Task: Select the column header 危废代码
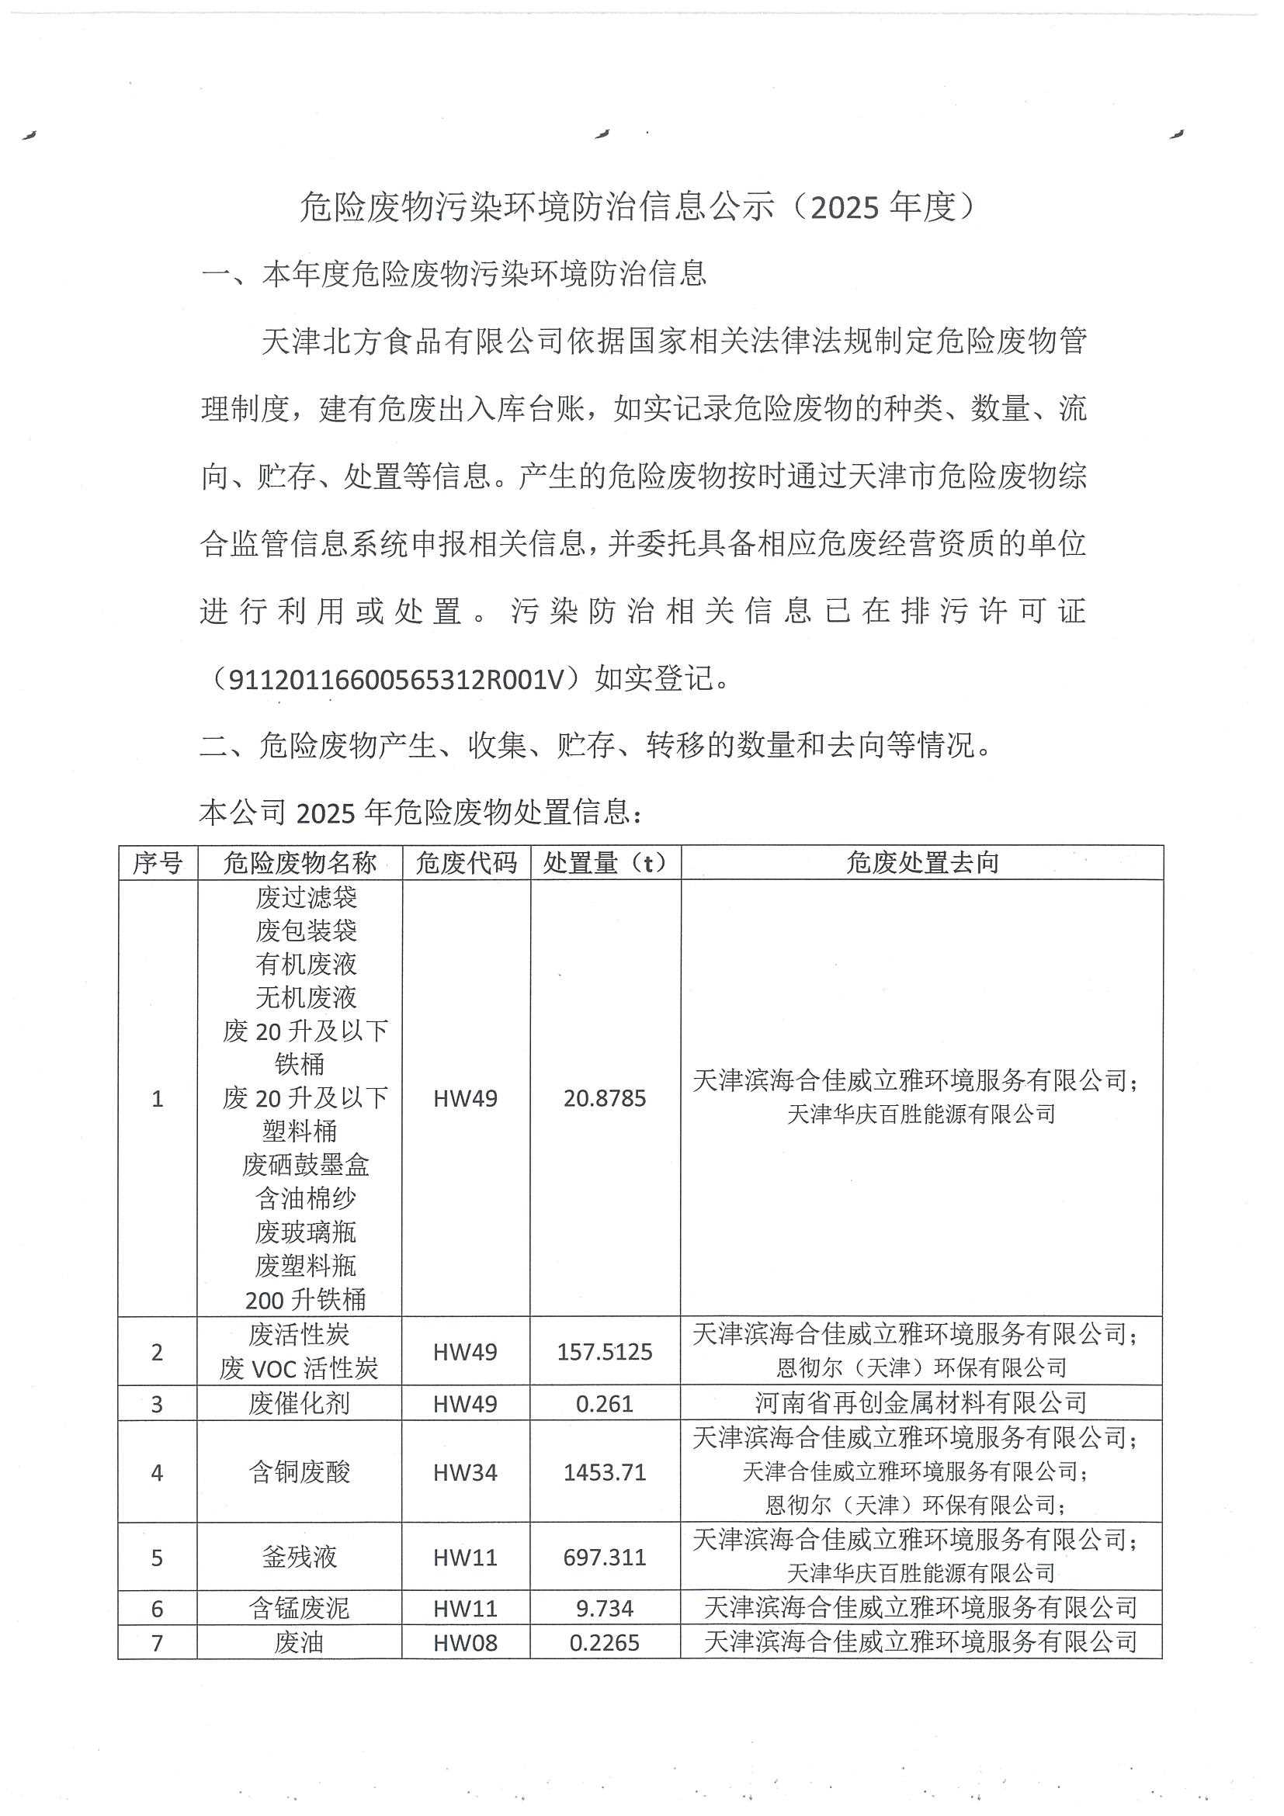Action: click(x=466, y=863)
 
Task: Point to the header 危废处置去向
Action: click(x=921, y=863)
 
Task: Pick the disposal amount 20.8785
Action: click(x=605, y=1099)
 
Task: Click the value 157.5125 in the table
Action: click(x=605, y=1352)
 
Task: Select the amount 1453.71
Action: click(x=605, y=1473)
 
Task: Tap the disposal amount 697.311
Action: click(x=605, y=1558)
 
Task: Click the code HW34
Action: click(x=465, y=1473)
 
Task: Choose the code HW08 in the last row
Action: click(x=465, y=1643)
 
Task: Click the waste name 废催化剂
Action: click(x=299, y=1404)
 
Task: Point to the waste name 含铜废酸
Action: click(x=299, y=1473)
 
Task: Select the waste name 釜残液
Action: click(x=299, y=1558)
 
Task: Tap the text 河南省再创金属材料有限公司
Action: click(x=921, y=1404)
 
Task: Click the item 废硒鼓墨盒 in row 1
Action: click(x=305, y=1165)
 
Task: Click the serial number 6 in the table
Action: click(x=157, y=1609)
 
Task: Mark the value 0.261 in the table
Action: click(x=605, y=1404)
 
